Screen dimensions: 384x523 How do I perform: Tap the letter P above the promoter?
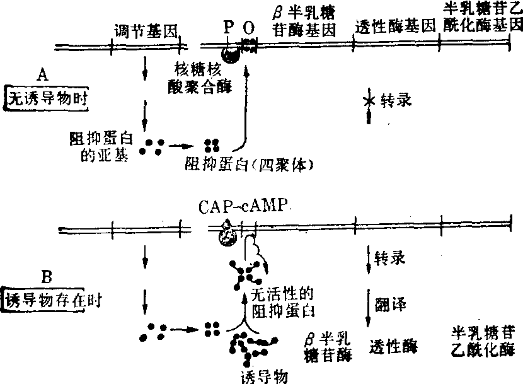tap(229, 28)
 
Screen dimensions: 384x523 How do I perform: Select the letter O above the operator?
tap(250, 28)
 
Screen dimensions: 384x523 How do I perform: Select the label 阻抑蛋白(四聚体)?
tap(250, 163)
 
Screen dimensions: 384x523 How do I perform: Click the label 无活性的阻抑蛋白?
tap(282, 303)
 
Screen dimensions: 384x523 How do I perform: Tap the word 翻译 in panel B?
tap(390, 305)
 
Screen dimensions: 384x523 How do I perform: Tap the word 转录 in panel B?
tap(390, 258)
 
